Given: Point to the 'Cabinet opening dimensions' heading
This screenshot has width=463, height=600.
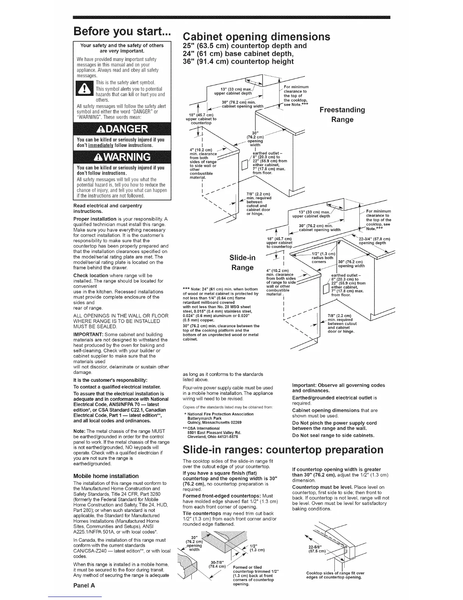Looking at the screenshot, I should (x=256, y=37).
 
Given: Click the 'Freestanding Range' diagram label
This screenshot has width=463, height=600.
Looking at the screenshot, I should (x=342, y=114).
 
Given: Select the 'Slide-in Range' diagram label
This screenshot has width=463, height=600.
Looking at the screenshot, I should (x=242, y=262).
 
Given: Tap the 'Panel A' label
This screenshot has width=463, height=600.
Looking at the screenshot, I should (x=84, y=585).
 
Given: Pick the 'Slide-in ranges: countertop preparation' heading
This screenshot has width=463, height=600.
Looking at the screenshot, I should (x=283, y=450).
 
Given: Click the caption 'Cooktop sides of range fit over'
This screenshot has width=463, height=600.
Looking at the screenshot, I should (x=335, y=573).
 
